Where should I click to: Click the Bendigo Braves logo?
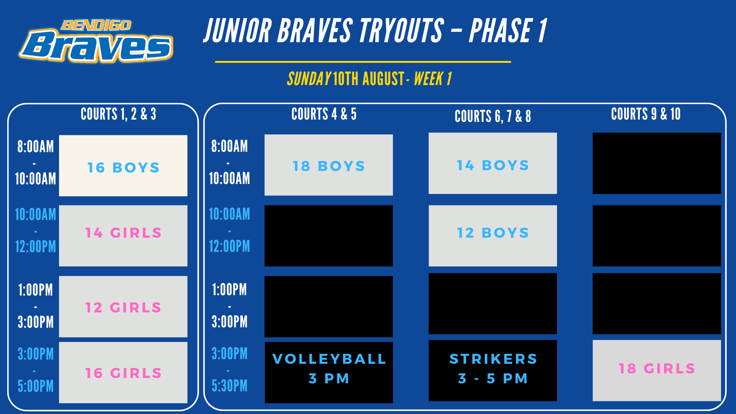tap(96, 41)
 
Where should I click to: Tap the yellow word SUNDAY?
tap(309, 79)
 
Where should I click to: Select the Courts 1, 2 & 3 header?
tap(118, 114)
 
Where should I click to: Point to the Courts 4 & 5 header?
tap(324, 114)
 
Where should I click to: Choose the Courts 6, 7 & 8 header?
tap(493, 116)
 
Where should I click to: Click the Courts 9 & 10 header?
tap(646, 114)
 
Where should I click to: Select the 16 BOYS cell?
tap(123, 166)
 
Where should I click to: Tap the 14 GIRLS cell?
tap(123, 236)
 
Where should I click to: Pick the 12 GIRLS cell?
tap(123, 307)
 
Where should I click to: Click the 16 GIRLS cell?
tap(123, 373)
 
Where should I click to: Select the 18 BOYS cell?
tap(329, 165)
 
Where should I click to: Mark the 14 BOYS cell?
tap(493, 163)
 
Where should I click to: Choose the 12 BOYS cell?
tap(493, 236)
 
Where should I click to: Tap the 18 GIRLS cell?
tap(657, 371)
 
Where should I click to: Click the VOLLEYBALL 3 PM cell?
tap(329, 373)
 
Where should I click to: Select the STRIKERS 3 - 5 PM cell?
tap(493, 371)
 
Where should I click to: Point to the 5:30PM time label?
tap(230, 386)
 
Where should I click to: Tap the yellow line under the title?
tap(363, 62)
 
